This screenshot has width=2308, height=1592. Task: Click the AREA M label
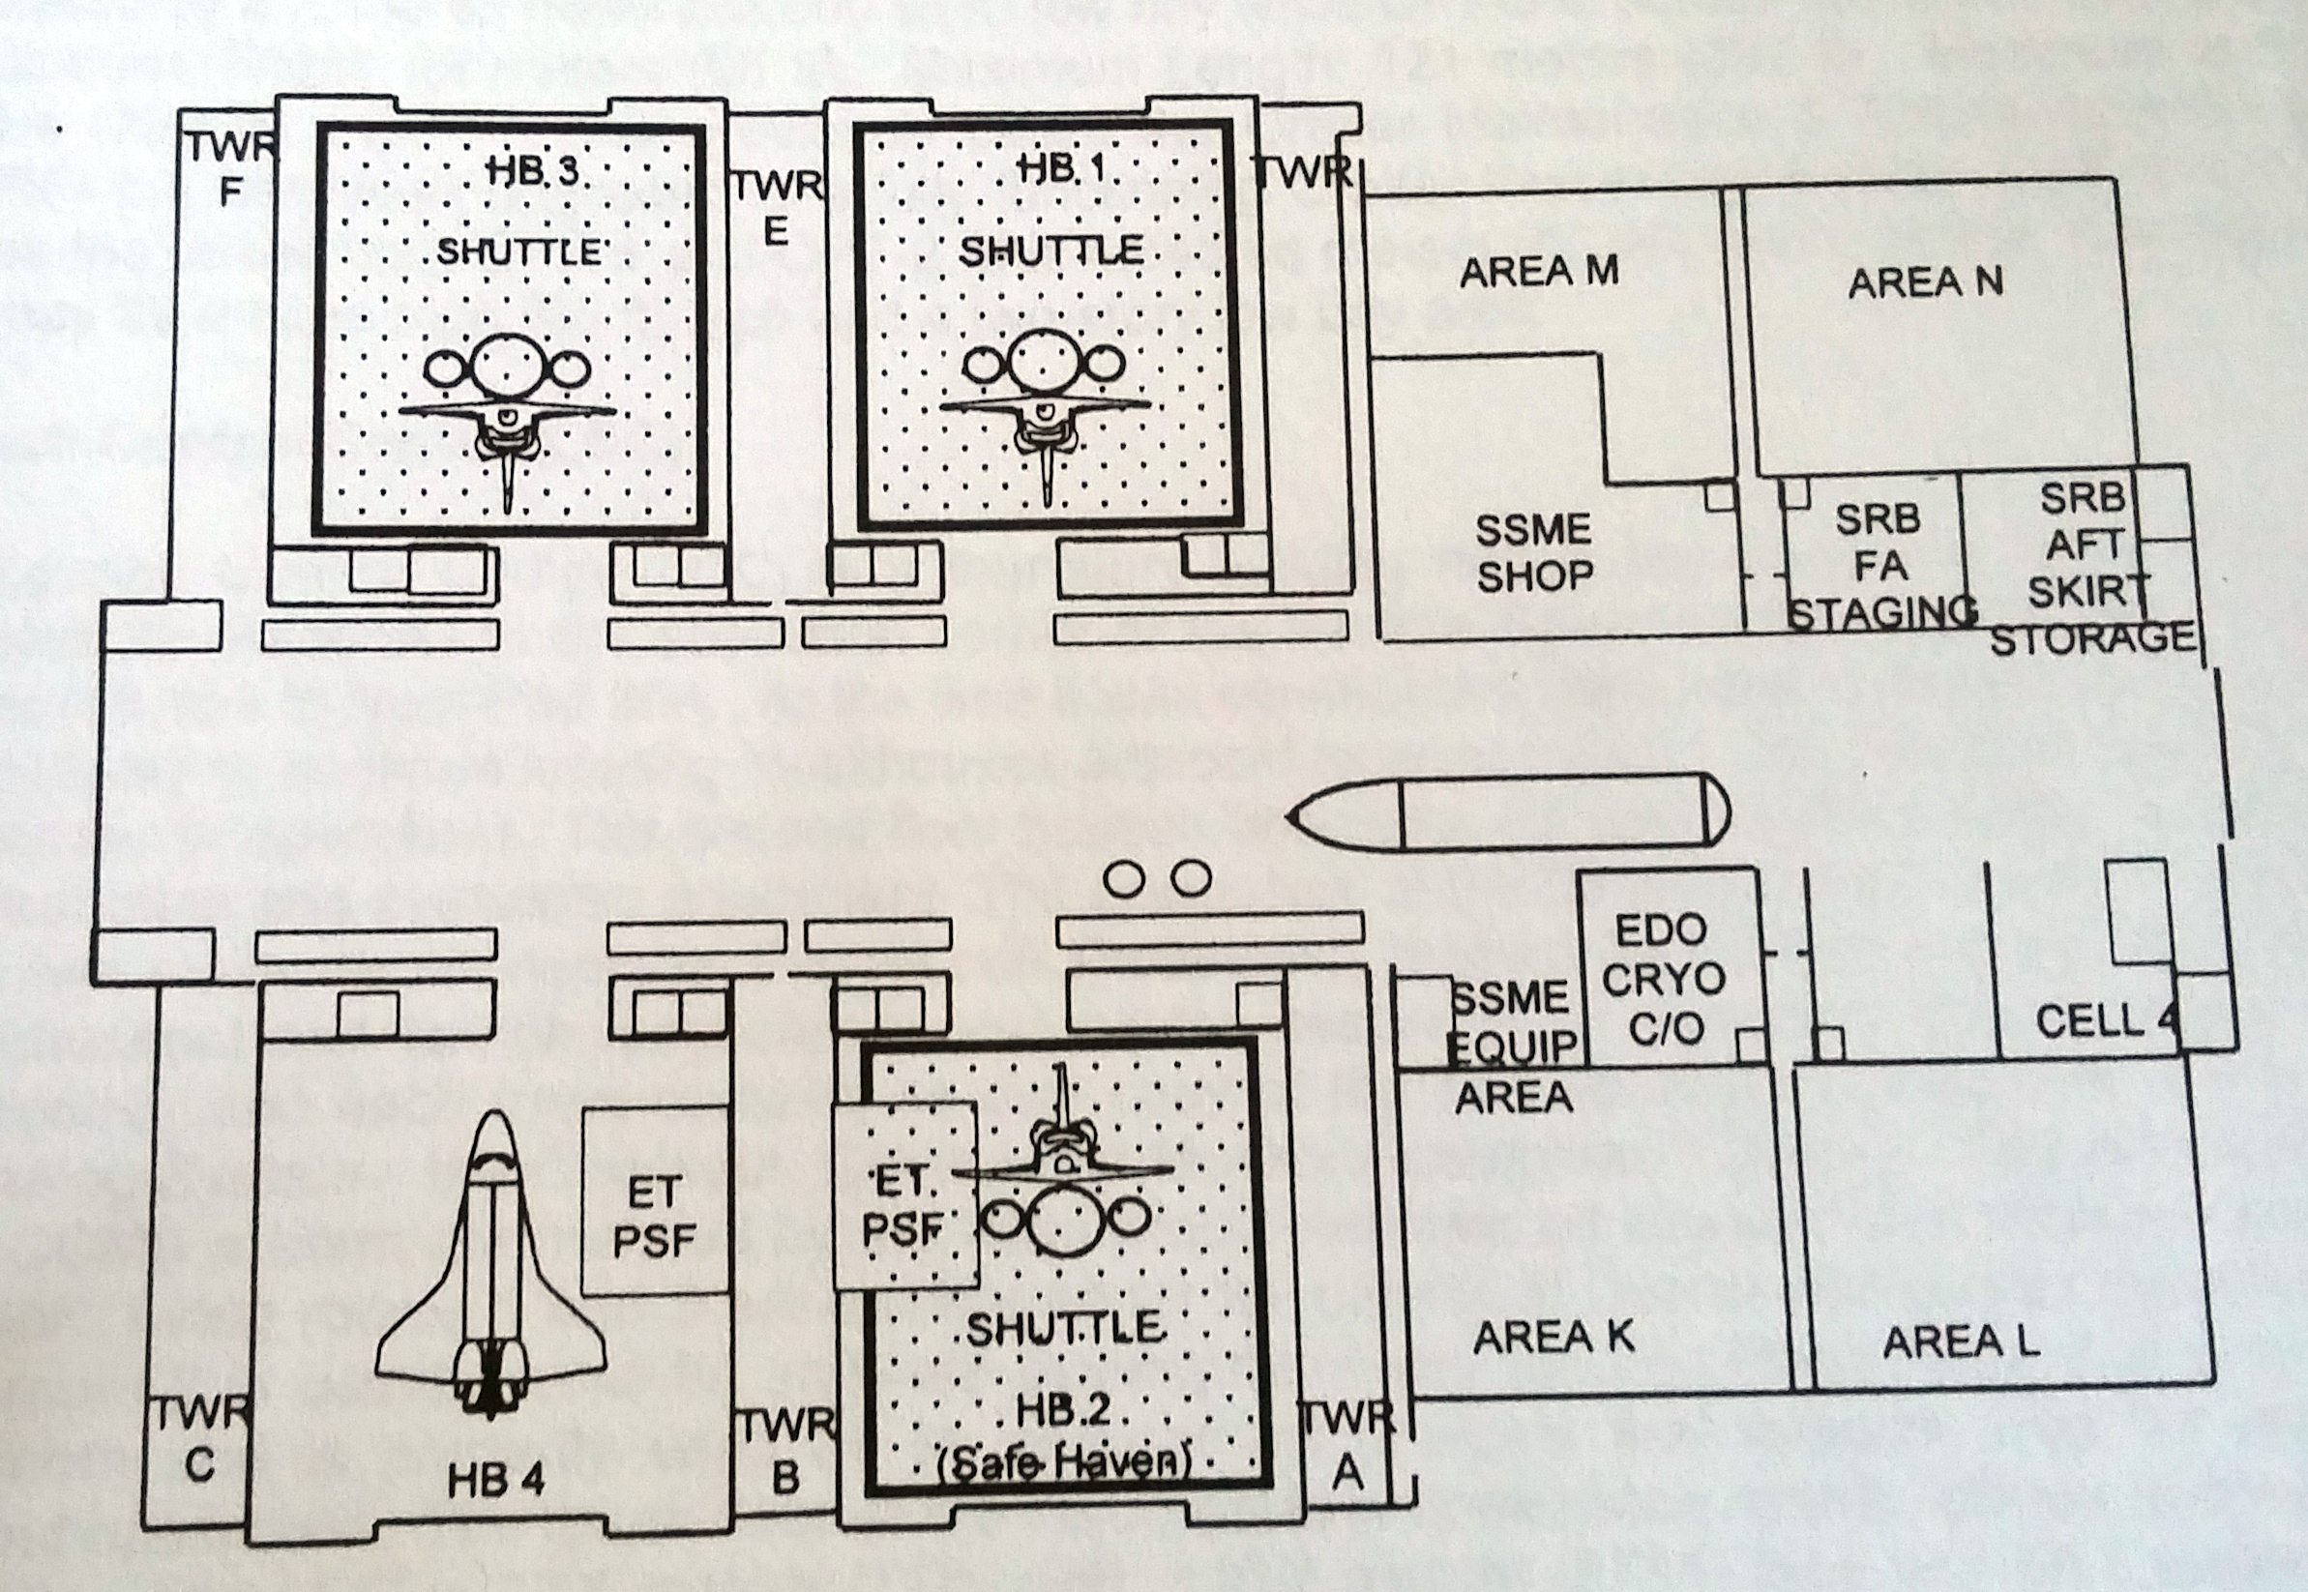pyautogui.click(x=1538, y=273)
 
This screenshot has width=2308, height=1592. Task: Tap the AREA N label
pyautogui.click(x=1924, y=283)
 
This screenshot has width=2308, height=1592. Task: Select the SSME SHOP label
pyautogui.click(x=1533, y=552)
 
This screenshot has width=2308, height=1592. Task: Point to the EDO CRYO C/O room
pyautogui.click(x=1663, y=979)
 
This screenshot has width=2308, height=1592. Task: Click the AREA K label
pyautogui.click(x=1553, y=1338)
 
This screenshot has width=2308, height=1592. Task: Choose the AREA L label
pyautogui.click(x=1960, y=1341)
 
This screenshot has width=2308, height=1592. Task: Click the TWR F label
pyautogui.click(x=230, y=168)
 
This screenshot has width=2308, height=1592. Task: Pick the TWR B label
pyautogui.click(x=786, y=1451)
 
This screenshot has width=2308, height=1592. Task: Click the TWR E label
pyautogui.click(x=777, y=209)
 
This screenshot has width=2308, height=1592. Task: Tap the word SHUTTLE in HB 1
pyautogui.click(x=1050, y=251)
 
